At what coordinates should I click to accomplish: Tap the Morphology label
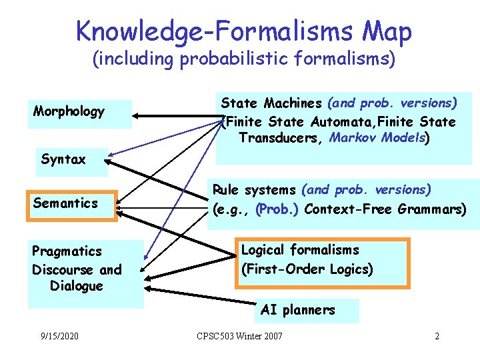pos(69,111)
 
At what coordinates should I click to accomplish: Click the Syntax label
pos(63,159)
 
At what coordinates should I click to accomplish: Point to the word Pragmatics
pos(67,251)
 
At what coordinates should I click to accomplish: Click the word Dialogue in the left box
pos(77,286)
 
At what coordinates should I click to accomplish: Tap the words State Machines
pos(271,103)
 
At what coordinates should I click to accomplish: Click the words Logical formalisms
pos(300,250)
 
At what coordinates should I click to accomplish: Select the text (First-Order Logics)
pos(307,269)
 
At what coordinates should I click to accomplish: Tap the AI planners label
pos(298,310)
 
